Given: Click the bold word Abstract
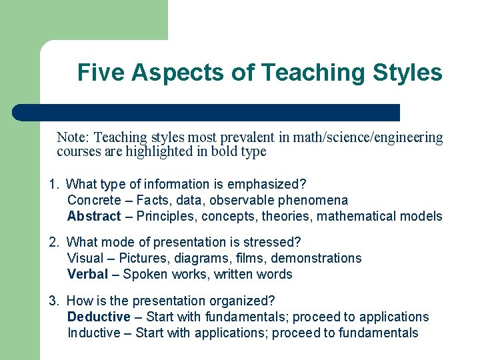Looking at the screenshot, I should (94, 216).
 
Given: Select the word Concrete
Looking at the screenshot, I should (94, 200).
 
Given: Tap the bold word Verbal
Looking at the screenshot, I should (87, 274).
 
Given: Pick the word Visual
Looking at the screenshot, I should (85, 258).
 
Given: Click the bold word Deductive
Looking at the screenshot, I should (99, 317).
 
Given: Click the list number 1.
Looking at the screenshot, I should (53, 184).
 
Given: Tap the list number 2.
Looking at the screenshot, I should (53, 242).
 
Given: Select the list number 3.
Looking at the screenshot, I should (53, 301).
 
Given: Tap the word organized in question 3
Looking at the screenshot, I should (245, 301).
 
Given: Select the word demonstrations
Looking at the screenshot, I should (319, 258).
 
